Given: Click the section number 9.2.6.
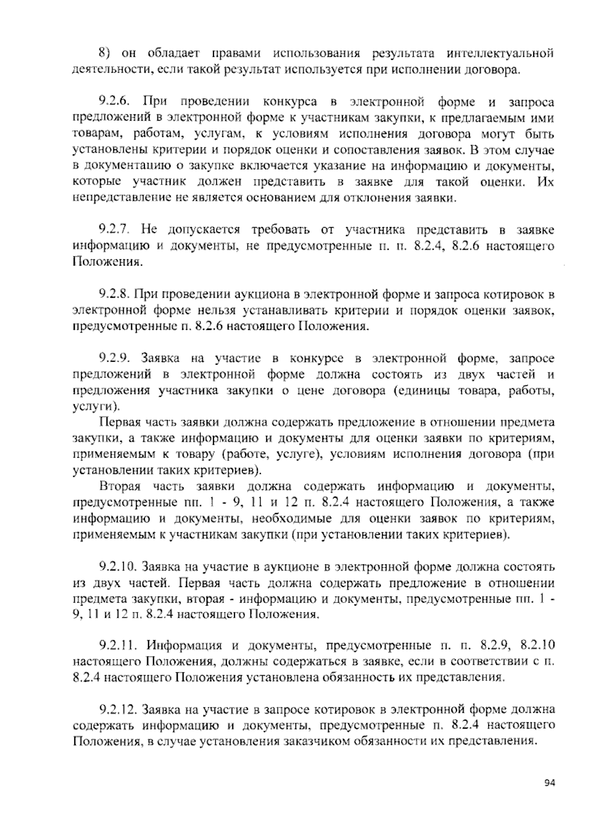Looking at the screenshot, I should (114, 102).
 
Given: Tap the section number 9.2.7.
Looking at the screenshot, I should (114, 230).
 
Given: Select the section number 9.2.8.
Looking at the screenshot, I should (114, 294).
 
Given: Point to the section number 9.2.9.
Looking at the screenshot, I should (114, 358).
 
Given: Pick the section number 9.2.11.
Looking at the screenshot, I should (117, 645).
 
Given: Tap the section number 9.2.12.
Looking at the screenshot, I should (117, 710).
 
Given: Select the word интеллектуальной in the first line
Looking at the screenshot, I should (500, 53).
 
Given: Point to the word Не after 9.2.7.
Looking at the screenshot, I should (149, 230).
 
